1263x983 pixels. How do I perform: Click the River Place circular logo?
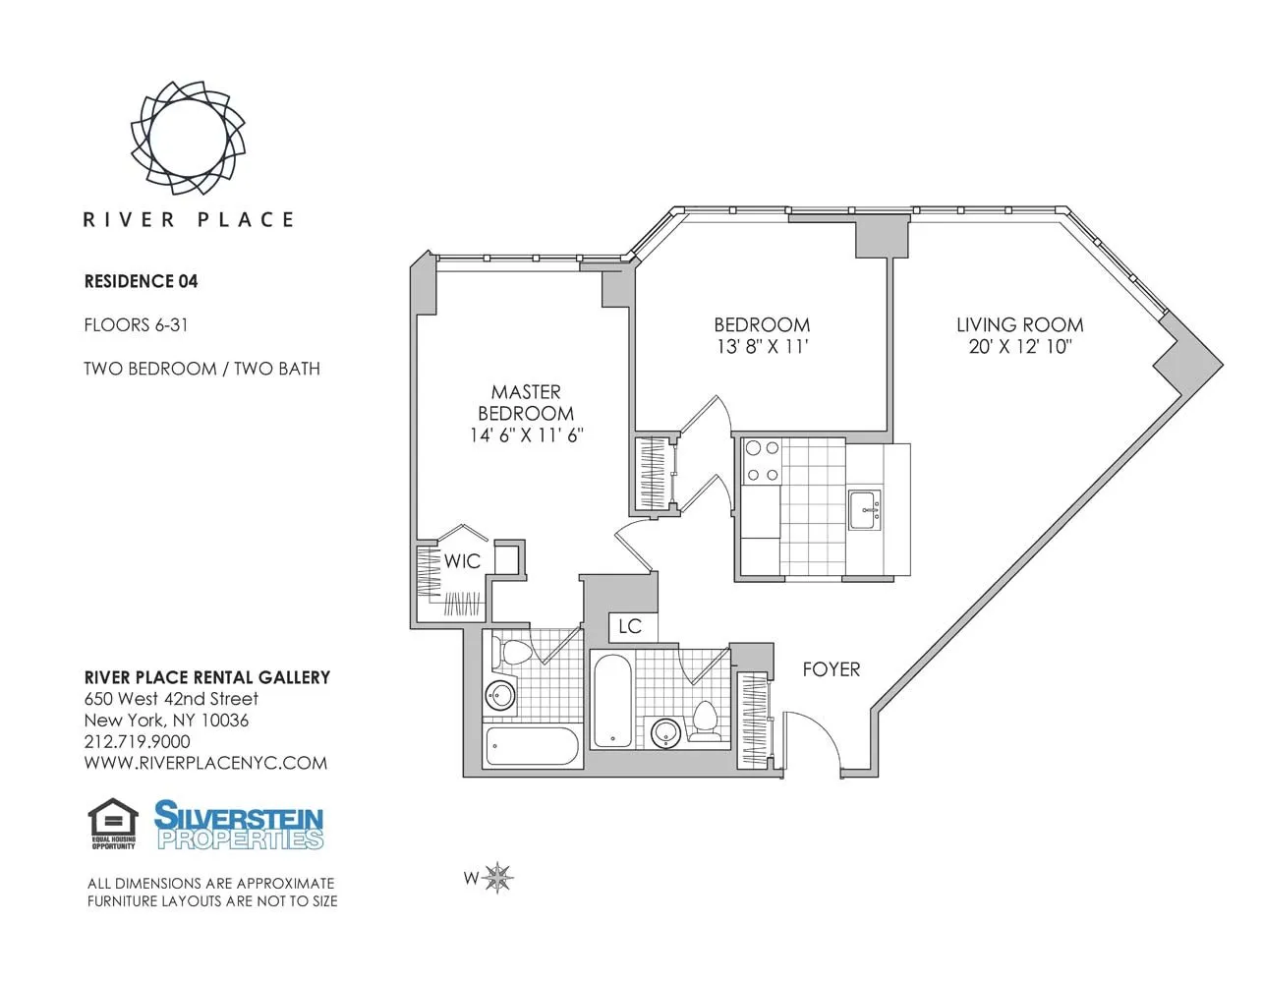click(x=188, y=136)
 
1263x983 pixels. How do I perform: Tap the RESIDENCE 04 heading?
click(x=141, y=281)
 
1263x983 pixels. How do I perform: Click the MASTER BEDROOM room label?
click(x=526, y=402)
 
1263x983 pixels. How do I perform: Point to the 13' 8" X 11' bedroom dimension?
click(x=762, y=346)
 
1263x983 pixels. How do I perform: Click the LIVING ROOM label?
click(x=1019, y=324)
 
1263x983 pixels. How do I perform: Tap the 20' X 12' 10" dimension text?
click(x=1019, y=346)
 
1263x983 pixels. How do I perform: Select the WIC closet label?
click(x=462, y=561)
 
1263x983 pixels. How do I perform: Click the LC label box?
click(x=630, y=626)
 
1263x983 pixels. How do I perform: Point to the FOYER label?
click(x=831, y=669)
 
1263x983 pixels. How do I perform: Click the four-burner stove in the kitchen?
click(x=762, y=461)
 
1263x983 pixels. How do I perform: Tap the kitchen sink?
click(x=865, y=509)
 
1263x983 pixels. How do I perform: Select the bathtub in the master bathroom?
click(x=532, y=747)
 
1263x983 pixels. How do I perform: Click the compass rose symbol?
click(x=499, y=877)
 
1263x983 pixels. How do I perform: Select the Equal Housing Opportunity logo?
click(x=113, y=824)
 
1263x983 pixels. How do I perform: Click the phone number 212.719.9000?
click(x=137, y=741)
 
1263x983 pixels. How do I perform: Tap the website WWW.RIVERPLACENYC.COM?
click(x=205, y=763)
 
